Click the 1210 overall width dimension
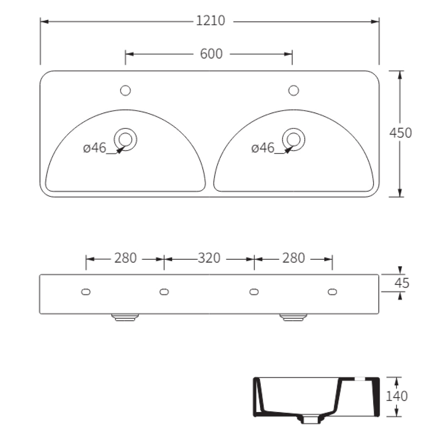point(210,21)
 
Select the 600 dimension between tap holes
point(211,54)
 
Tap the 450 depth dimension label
point(400,132)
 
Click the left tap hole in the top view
point(125,91)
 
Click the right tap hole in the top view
point(294,91)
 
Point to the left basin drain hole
point(125,139)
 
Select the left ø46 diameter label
point(95,148)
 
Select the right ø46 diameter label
point(263,148)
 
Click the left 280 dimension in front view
point(125,258)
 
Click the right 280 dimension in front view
point(294,258)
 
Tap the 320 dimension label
point(209,258)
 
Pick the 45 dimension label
point(402,283)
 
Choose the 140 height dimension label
point(396,396)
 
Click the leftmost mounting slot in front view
point(86,292)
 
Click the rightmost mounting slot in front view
point(332,292)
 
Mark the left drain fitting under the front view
point(125,318)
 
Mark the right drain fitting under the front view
point(293,318)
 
